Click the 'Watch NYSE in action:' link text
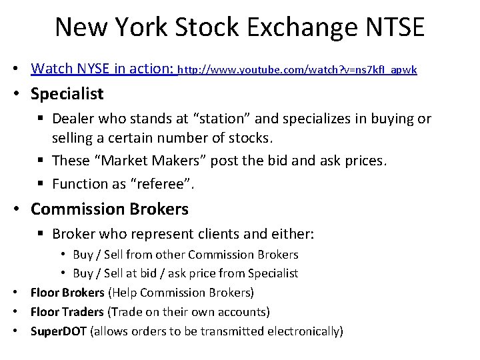tap(103, 69)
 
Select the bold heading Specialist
tap(67, 94)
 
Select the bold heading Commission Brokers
tap(109, 209)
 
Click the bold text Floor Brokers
tap(67, 293)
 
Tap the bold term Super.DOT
tap(58, 331)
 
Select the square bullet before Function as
tap(41, 184)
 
